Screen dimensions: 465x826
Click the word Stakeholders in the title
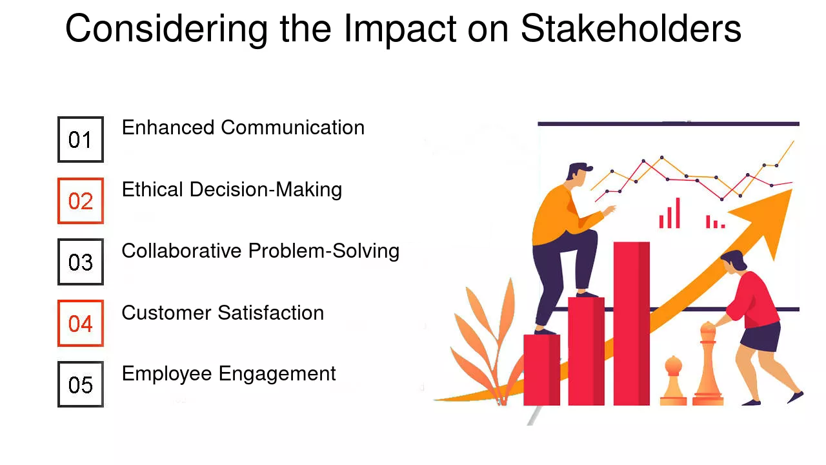click(630, 29)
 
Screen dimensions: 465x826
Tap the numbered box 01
click(81, 139)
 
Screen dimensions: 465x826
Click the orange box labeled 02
click(81, 201)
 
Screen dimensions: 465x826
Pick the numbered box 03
click(81, 262)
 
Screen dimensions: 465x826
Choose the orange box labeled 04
click(81, 323)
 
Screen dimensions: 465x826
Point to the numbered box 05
click(81, 384)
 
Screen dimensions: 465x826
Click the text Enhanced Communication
click(243, 127)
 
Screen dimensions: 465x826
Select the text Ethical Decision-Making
click(232, 189)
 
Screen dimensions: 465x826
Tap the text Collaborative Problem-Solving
click(260, 251)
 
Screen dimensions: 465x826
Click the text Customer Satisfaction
click(223, 313)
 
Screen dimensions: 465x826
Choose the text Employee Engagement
click(228, 373)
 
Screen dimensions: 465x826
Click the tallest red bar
click(631, 323)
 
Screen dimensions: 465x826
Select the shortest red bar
click(541, 369)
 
